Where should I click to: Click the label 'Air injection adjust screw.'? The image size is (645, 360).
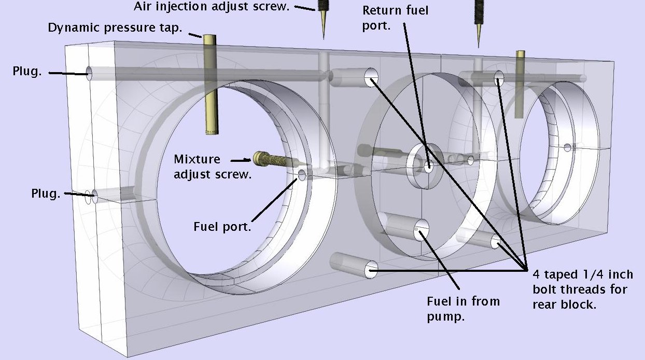click(212, 6)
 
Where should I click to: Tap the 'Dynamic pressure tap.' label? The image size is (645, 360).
click(115, 28)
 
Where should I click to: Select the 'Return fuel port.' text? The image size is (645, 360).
click(395, 18)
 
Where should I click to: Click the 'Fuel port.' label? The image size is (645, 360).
click(222, 227)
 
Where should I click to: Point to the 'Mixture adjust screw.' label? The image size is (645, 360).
click(213, 167)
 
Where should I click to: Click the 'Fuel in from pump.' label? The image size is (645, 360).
click(463, 309)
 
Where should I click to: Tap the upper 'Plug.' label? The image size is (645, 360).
click(27, 71)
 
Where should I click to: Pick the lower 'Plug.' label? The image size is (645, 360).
click(46, 193)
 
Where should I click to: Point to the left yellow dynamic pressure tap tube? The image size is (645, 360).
click(211, 85)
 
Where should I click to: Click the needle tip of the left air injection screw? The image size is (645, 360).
click(324, 38)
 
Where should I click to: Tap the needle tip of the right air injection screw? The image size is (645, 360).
click(479, 47)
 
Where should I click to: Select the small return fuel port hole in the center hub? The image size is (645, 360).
click(428, 166)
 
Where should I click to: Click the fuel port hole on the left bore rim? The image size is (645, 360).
click(302, 175)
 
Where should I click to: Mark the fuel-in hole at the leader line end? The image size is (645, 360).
click(421, 230)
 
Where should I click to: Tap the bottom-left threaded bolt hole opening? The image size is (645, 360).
click(371, 270)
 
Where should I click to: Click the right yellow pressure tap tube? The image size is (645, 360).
click(520, 84)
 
